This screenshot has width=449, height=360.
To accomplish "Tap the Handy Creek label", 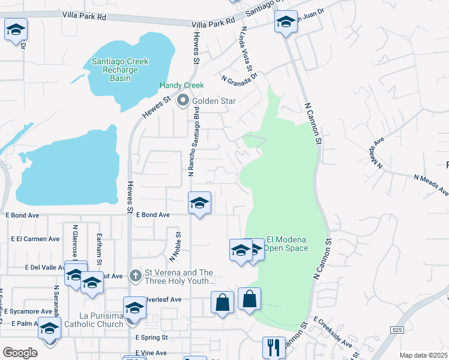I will click(181, 86).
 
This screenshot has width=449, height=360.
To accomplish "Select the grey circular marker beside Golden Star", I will click(182, 101).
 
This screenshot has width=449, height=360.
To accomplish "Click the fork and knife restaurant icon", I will click(273, 347).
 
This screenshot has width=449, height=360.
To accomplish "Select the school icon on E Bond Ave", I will click(199, 203).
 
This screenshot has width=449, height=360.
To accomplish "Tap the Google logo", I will click(20, 352).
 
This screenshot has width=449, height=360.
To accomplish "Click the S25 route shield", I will click(396, 329).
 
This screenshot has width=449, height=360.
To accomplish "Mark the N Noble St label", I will click(175, 247).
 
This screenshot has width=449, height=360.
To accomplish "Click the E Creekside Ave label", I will click(333, 333).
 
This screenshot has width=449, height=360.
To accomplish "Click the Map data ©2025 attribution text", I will click(424, 355).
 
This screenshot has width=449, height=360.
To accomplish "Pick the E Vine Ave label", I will click(151, 353).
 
